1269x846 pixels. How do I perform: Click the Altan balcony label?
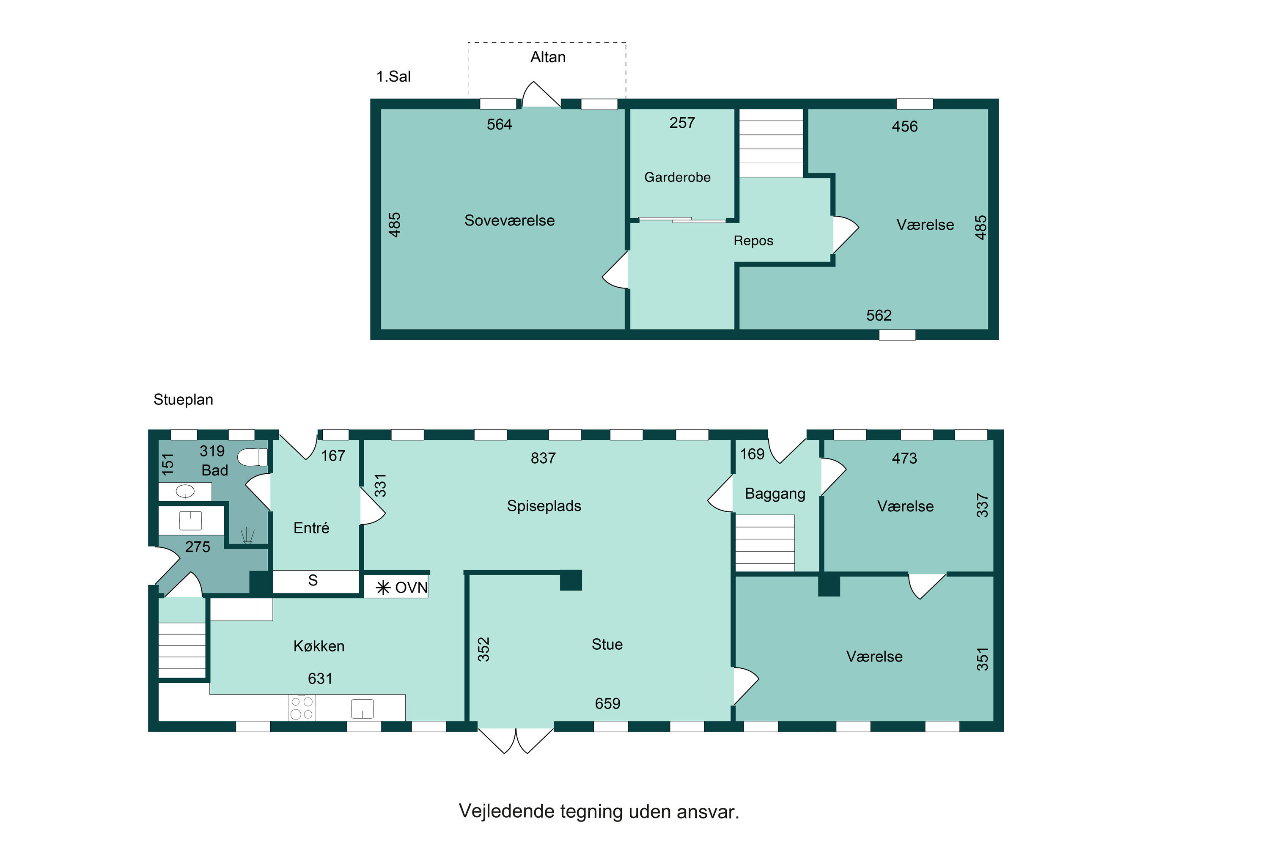(548, 57)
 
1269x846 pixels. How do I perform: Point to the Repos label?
(753, 241)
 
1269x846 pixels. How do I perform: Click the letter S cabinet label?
(313, 580)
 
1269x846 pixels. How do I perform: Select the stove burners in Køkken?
(302, 708)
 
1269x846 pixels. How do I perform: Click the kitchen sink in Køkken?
(363, 709)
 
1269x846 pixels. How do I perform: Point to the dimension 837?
(543, 458)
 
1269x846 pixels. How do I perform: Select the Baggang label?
(775, 494)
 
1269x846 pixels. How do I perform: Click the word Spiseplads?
(544, 506)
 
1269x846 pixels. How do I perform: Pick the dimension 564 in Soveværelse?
(499, 125)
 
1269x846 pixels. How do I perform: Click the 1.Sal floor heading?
(393, 77)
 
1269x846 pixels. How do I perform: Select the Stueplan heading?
(184, 400)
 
